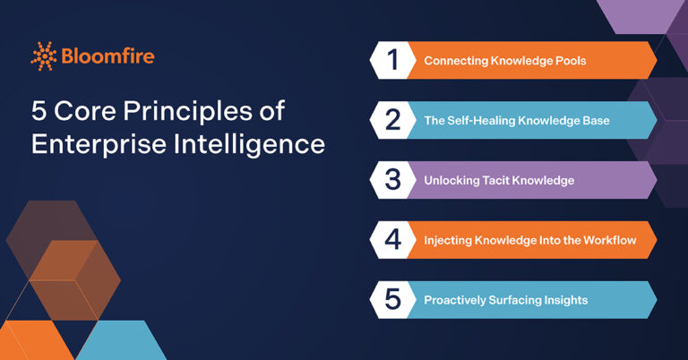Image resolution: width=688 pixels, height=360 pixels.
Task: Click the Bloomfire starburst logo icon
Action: coord(44,56)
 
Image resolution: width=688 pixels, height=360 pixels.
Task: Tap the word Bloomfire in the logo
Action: coord(107,56)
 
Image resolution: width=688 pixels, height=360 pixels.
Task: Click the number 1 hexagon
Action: coord(392,60)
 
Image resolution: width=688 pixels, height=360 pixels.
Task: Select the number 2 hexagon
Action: coord(392,120)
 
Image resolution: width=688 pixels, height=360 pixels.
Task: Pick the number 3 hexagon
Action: coord(392,180)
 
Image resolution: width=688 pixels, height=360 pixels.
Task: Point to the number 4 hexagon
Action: coord(392,240)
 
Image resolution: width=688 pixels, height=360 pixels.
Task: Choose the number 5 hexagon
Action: coord(392,300)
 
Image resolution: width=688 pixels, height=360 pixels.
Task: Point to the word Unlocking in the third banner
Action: coord(451,181)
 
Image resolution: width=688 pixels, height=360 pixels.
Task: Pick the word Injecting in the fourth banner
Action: coord(449,240)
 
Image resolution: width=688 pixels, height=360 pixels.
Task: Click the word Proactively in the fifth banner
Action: coord(456,300)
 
